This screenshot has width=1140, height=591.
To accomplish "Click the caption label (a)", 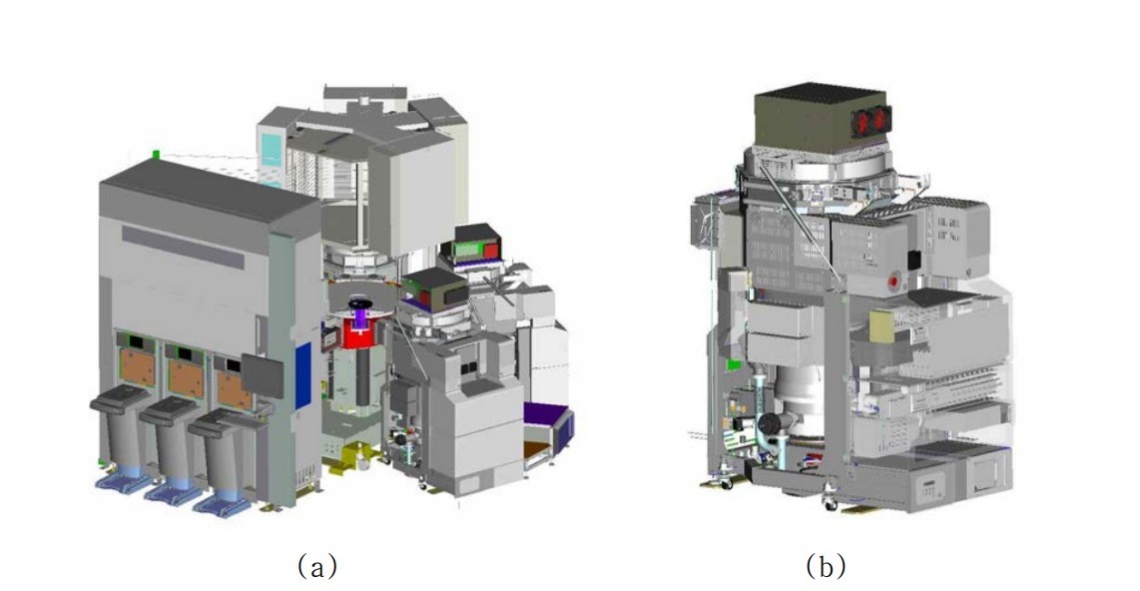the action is coord(317,565).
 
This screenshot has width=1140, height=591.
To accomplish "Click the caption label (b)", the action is coord(826,565).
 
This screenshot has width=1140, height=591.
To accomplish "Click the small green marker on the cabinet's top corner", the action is coord(156,154).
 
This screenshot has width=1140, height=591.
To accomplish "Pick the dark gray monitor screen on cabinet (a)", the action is coord(262,375).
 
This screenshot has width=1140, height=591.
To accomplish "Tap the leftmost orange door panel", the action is coord(138,367).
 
